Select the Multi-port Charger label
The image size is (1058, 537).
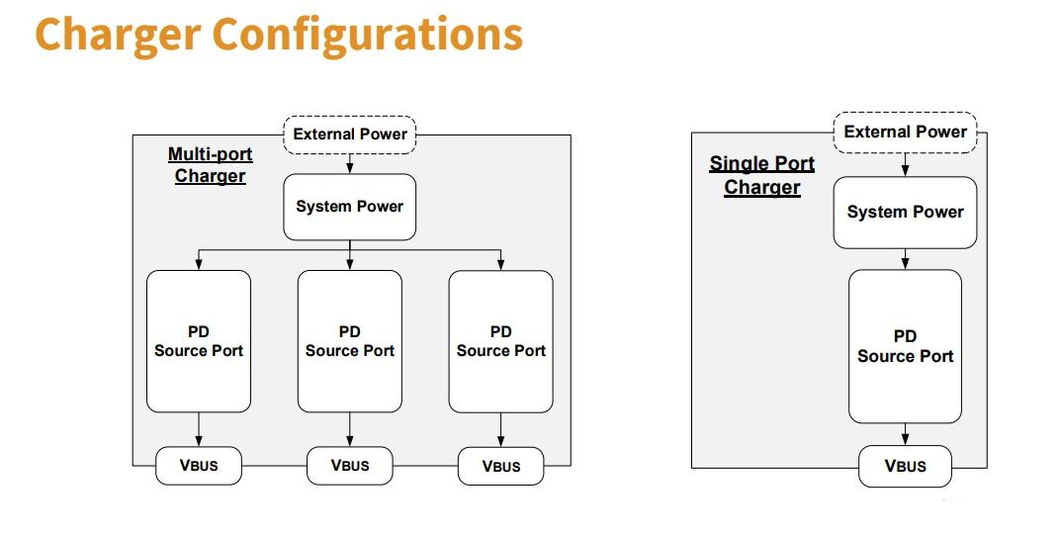click(210, 164)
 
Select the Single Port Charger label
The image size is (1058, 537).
click(761, 175)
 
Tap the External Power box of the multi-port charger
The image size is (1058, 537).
click(349, 134)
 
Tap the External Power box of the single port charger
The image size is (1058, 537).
click(905, 132)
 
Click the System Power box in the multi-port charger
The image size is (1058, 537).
click(349, 207)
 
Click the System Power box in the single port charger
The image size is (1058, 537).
click(905, 212)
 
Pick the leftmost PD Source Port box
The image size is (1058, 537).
click(199, 341)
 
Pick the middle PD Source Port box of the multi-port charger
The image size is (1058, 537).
click(349, 341)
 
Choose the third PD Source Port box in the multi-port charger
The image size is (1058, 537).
click(500, 341)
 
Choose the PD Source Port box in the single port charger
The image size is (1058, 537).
click(905, 346)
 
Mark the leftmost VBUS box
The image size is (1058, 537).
click(199, 466)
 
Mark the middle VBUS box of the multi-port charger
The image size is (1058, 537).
click(349, 466)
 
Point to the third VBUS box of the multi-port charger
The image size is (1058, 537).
click(500, 466)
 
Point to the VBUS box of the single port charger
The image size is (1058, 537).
click(905, 466)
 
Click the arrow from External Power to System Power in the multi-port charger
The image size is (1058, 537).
click(349, 164)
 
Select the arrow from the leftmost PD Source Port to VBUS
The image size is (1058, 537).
click(199, 430)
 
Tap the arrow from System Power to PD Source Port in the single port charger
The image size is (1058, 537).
click(905, 259)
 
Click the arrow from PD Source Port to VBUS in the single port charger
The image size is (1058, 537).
click(905, 434)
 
